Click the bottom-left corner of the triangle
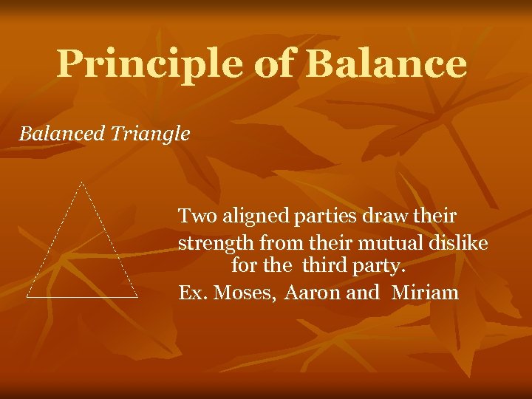27,297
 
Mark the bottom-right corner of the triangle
137,297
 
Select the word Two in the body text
194,216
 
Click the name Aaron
312,293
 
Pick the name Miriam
425,293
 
